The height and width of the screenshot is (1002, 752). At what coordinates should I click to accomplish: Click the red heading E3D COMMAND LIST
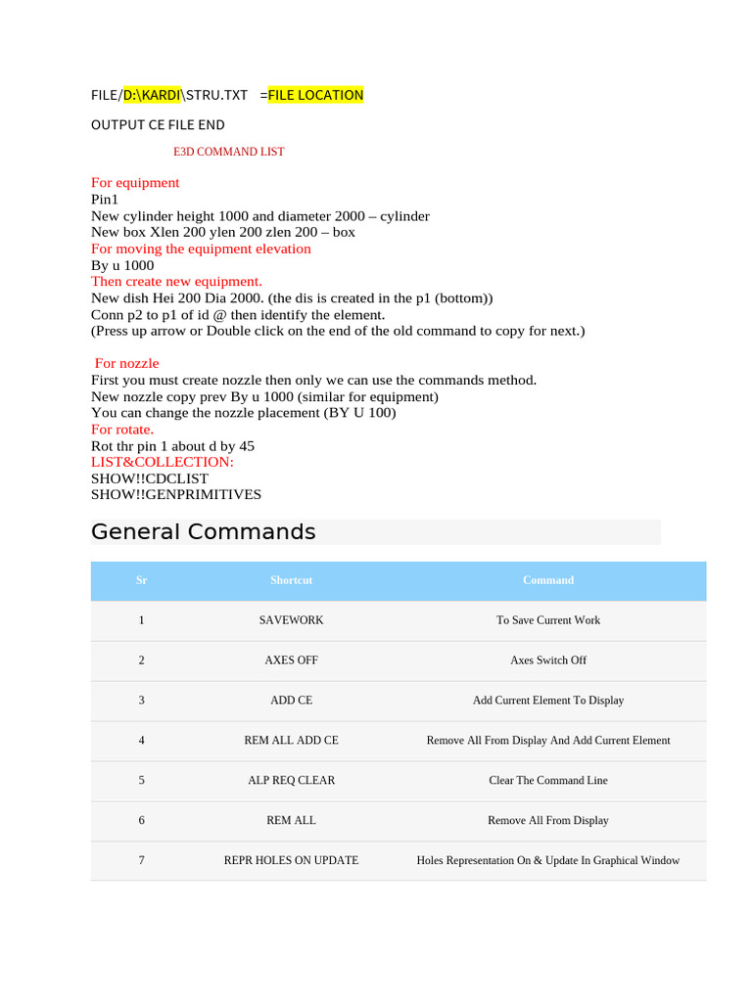tap(229, 153)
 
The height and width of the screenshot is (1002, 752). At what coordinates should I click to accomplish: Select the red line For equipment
tap(135, 183)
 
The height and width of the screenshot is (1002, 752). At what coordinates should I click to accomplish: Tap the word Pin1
tap(105, 199)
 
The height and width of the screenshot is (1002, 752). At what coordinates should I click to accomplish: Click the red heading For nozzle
tap(126, 363)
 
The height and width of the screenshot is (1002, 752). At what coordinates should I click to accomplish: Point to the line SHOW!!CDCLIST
tap(150, 478)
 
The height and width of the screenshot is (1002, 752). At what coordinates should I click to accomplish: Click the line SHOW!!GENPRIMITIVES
tap(176, 495)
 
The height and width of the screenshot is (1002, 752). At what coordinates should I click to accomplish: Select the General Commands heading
tap(204, 532)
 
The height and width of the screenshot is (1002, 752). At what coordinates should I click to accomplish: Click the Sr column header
tap(142, 580)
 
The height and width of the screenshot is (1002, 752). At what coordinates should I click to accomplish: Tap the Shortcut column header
tap(291, 580)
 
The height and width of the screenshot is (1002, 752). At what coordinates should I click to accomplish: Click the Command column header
tap(548, 580)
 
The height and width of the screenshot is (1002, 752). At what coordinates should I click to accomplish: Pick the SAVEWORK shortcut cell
tap(291, 620)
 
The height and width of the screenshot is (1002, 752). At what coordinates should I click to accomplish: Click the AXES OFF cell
tap(291, 660)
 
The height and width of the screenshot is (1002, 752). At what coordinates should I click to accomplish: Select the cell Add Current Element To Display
tap(548, 701)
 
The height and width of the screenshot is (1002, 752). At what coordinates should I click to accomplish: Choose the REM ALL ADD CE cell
tap(291, 741)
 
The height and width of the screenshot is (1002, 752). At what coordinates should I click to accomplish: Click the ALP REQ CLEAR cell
tap(291, 781)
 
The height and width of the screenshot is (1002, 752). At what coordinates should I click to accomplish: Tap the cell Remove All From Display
tap(548, 821)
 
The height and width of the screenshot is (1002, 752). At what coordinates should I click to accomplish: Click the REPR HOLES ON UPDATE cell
tap(291, 861)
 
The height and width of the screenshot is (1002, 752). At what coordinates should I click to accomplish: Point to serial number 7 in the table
tap(142, 861)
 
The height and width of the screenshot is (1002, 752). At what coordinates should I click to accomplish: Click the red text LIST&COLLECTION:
tap(163, 462)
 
